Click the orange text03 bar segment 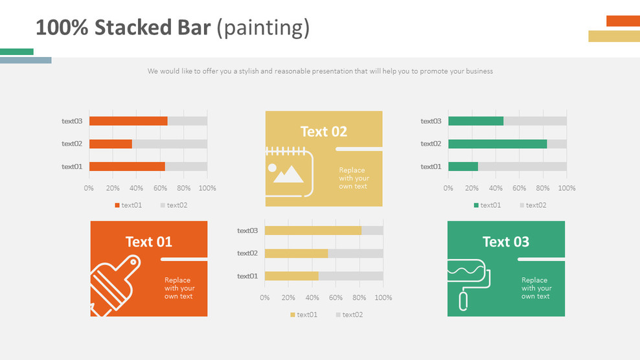click(128, 121)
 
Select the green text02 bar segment click(497, 144)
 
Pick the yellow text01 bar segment click(291, 276)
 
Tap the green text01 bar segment click(463, 166)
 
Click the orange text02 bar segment click(111, 144)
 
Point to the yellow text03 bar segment click(313, 231)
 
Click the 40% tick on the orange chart click(136, 188)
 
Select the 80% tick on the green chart click(543, 188)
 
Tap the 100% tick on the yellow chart click(383, 298)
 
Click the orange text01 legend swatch click(117, 205)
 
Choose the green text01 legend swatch click(476, 205)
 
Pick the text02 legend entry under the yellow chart click(349, 315)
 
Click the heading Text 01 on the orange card click(149, 242)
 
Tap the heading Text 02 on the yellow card click(324, 131)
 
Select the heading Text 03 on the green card click(506, 242)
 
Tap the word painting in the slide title click(263, 28)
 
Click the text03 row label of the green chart click(431, 121)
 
